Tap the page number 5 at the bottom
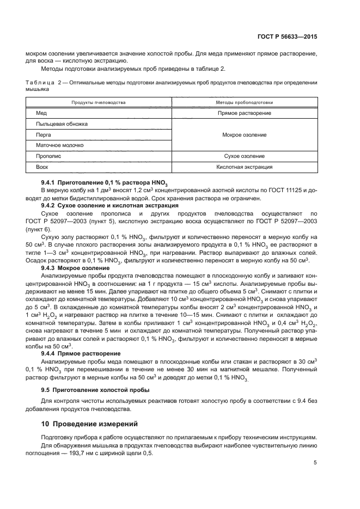click(315, 463)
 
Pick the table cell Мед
click(41, 113)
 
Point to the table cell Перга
click(44, 134)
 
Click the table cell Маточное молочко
click(59, 145)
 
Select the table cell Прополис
click(47, 156)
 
